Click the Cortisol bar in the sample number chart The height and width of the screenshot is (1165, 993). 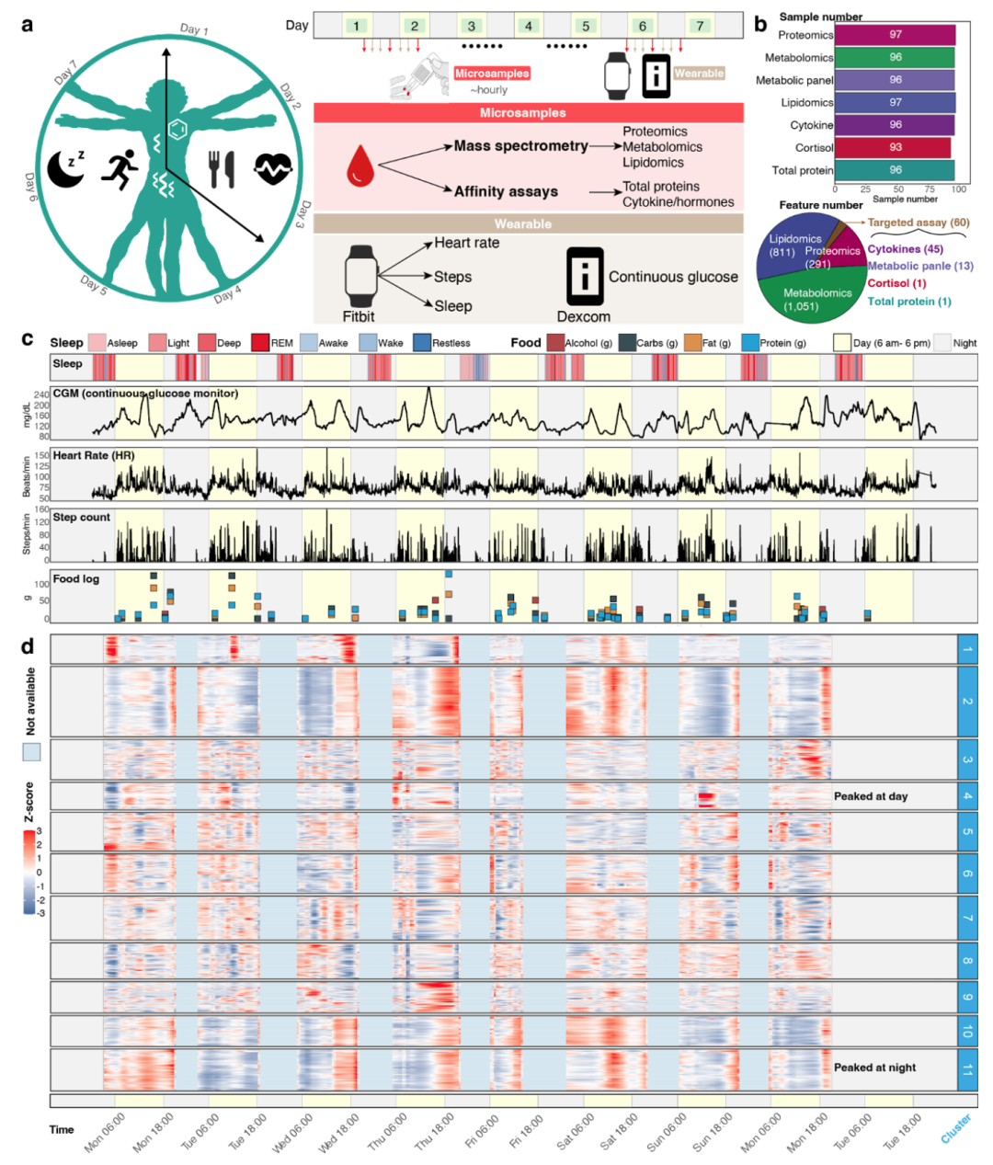point(892,147)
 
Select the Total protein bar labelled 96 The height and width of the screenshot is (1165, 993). point(894,170)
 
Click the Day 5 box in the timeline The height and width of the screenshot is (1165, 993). point(585,26)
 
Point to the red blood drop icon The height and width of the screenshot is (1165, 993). point(360,169)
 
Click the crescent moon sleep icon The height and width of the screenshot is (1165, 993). point(66,168)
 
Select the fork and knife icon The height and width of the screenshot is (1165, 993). point(222,169)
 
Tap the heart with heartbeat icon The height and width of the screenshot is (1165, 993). point(273,168)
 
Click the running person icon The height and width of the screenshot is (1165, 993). point(120,169)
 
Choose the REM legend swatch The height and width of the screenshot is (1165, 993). point(259,343)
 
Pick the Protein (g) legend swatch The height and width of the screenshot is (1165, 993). point(749,343)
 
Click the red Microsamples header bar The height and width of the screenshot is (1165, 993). point(528,112)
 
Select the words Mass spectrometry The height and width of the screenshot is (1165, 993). point(520,146)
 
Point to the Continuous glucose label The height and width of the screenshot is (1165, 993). point(673,277)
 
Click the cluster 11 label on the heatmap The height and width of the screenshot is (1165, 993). point(966,1069)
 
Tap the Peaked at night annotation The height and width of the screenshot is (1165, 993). point(874,1068)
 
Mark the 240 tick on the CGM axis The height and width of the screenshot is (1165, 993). point(41,395)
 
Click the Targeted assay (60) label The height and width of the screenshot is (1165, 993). point(918,223)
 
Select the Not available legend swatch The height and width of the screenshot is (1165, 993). point(31,752)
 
